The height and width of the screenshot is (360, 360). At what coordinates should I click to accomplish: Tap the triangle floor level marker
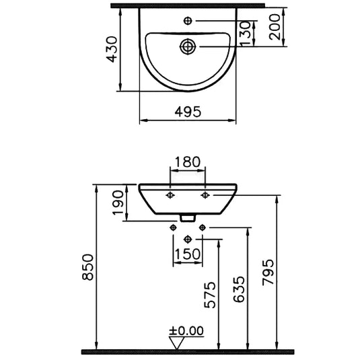pos(179,342)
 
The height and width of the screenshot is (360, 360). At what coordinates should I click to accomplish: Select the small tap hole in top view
pos(188,21)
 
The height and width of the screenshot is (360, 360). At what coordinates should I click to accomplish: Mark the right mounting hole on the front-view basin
pos(204,195)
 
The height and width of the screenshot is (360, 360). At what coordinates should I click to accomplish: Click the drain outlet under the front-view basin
pos(188,217)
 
